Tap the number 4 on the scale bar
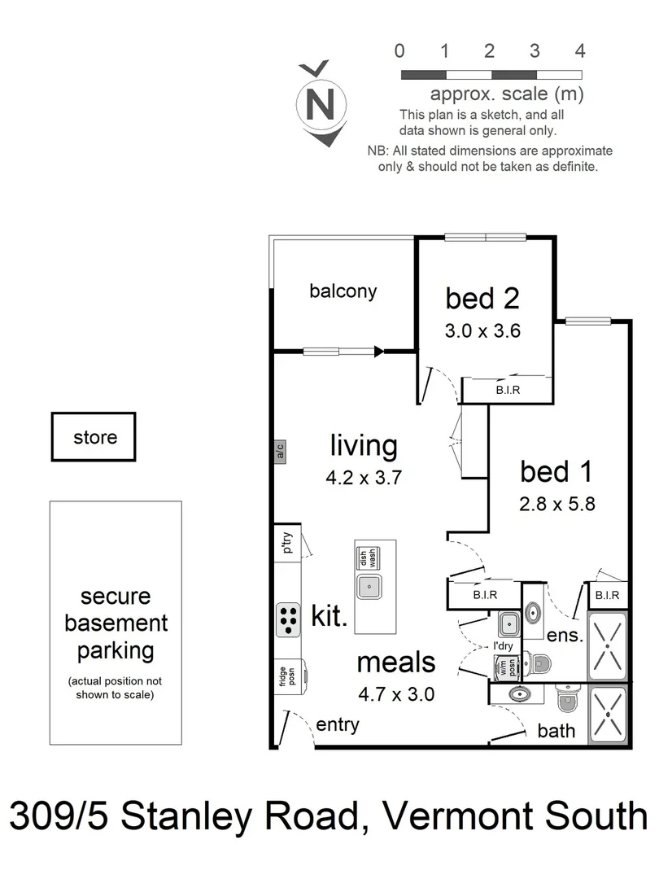click(580, 51)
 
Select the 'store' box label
click(94, 437)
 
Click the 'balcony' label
click(343, 291)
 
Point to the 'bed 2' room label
click(482, 299)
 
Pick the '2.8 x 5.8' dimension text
click(557, 504)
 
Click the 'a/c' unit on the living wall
click(279, 449)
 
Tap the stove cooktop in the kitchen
click(287, 620)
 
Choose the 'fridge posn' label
click(285, 676)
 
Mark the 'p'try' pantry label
click(286, 542)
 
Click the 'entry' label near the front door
click(337, 725)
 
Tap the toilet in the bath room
click(567, 698)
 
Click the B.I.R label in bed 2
click(508, 391)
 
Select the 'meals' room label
click(396, 663)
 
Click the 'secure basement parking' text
click(115, 623)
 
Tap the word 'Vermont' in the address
click(464, 816)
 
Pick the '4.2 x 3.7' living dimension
click(363, 477)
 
